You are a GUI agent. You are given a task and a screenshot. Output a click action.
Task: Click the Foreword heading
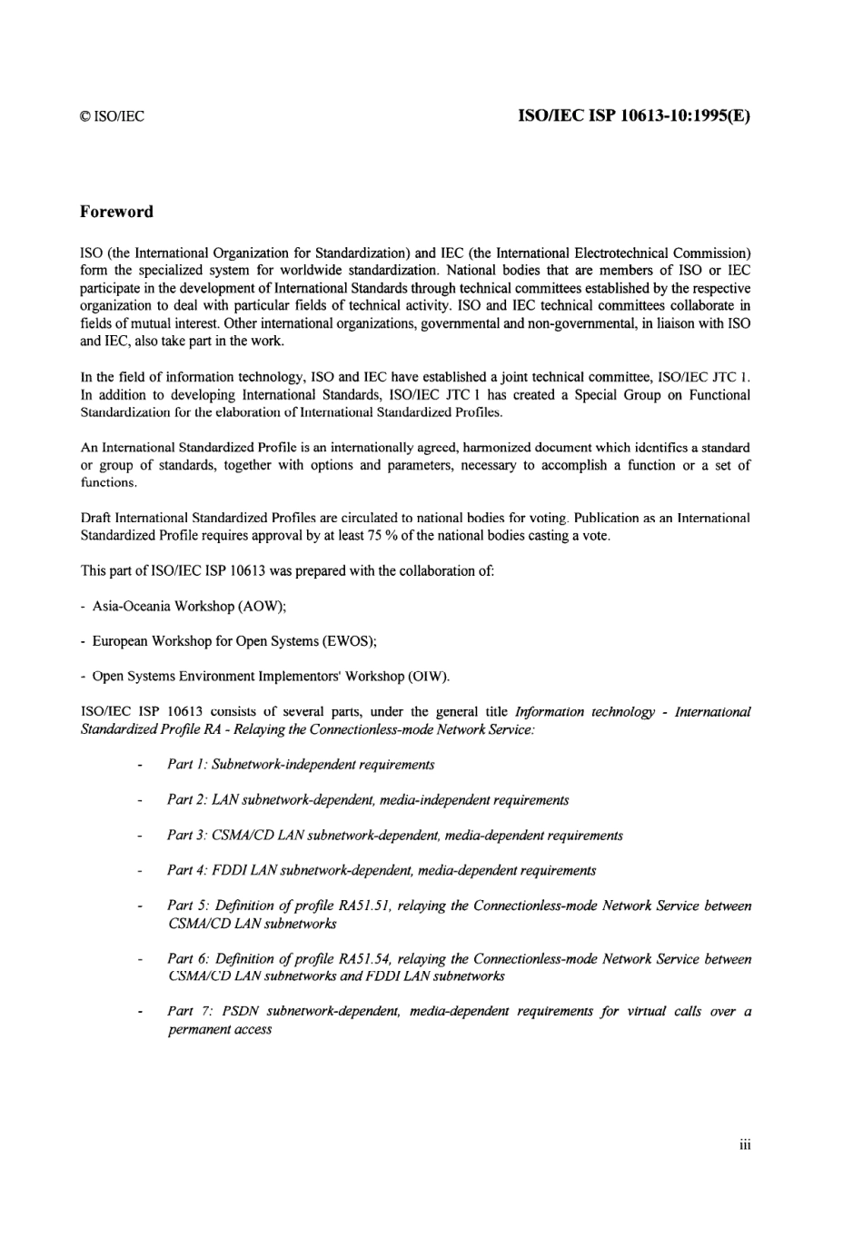pos(116,212)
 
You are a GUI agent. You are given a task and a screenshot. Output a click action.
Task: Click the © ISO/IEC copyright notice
pos(112,116)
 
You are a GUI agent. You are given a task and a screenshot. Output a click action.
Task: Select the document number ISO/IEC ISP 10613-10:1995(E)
pos(634,115)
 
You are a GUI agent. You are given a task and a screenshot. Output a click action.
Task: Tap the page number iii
pos(745,1144)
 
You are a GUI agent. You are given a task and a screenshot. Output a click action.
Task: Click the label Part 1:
pos(187,765)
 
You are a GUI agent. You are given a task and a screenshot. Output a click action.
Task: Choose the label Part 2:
pos(187,800)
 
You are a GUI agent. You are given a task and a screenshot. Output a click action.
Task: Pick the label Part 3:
pos(187,836)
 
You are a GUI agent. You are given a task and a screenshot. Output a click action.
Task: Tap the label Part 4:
pos(187,871)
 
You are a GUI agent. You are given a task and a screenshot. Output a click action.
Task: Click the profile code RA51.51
pos(364,906)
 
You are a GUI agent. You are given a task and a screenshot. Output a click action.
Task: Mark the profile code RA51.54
pos(364,959)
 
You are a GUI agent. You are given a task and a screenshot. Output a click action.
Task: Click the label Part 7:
pos(187,1012)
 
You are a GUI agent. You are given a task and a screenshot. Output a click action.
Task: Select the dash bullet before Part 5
pos(139,906)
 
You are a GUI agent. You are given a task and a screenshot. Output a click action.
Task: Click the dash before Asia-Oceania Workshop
pos(84,606)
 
